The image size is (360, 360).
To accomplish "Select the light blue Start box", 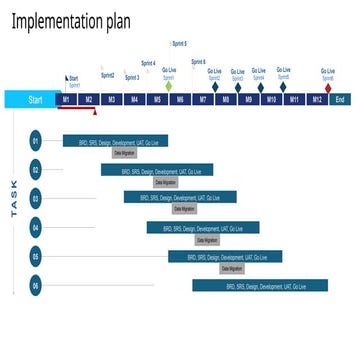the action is pyautogui.click(x=30, y=99).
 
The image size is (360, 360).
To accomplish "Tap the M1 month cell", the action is pyautogui.click(x=66, y=99).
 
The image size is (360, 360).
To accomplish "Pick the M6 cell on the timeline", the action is pyautogui.click(x=180, y=99).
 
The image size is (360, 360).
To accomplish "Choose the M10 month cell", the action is pyautogui.click(x=271, y=99).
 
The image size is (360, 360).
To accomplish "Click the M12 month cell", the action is pyautogui.click(x=317, y=99).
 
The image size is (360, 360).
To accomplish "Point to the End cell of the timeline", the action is pyautogui.click(x=340, y=99).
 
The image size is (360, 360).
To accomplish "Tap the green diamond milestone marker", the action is pyautogui.click(x=169, y=87).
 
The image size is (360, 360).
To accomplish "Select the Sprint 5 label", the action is pyautogui.click(x=179, y=43).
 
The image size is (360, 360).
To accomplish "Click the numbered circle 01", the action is pyautogui.click(x=36, y=141).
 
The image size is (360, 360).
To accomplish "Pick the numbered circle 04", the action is pyautogui.click(x=36, y=228).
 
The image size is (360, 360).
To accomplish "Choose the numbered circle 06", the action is pyautogui.click(x=36, y=286).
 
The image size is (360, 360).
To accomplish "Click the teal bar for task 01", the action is pyautogui.click(x=115, y=141).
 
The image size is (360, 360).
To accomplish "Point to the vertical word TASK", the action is pyautogui.click(x=14, y=199).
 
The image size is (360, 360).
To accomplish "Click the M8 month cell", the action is pyautogui.click(x=226, y=99).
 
